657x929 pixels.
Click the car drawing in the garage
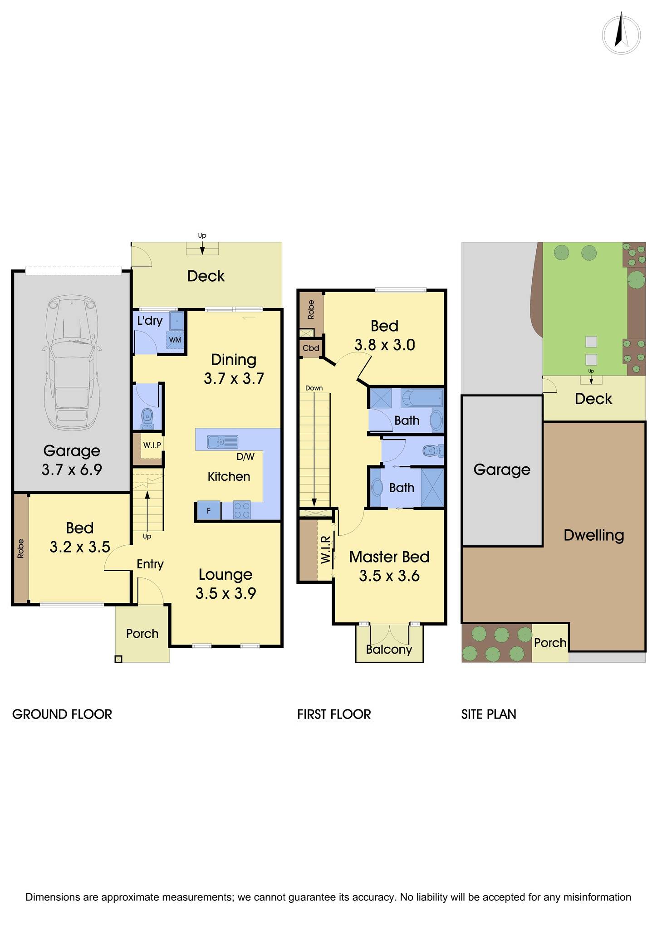point(72,363)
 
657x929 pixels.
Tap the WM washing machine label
point(175,340)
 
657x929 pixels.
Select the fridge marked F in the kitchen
point(209,511)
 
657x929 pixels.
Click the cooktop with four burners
point(241,510)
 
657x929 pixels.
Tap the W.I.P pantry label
point(152,445)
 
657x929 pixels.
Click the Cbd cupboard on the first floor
point(311,348)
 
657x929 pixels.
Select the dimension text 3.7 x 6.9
point(72,469)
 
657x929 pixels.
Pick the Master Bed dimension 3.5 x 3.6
point(389,576)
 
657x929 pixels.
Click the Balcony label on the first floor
point(389,650)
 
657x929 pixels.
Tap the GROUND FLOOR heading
point(62,714)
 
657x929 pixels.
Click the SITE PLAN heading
point(489,714)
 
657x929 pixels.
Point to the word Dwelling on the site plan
point(593,535)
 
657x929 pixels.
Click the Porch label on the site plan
point(550,643)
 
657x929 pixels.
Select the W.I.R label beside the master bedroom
point(325,550)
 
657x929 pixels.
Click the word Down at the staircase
point(314,388)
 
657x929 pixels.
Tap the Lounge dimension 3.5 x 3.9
point(226,593)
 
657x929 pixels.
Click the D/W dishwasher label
point(245,457)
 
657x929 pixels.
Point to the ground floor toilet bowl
point(147,416)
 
